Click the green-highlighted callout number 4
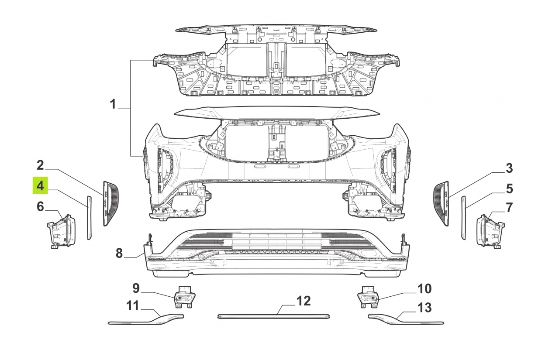pyautogui.click(x=40, y=185)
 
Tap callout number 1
pyautogui.click(x=113, y=104)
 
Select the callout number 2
pyautogui.click(x=40, y=165)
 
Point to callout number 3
pyautogui.click(x=509, y=168)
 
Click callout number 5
pyautogui.click(x=509, y=189)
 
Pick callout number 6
pyautogui.click(x=40, y=207)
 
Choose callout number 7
pyautogui.click(x=509, y=208)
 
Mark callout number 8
pyautogui.click(x=119, y=253)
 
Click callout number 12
pyautogui.click(x=304, y=301)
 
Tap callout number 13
pyautogui.click(x=424, y=308)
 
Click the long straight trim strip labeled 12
pyautogui.click(x=274, y=317)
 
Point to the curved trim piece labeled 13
pyautogui.click(x=406, y=319)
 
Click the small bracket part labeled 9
pyautogui.click(x=185, y=297)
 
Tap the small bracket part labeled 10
pyautogui.click(x=368, y=297)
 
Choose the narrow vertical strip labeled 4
pyautogui.click(x=89, y=218)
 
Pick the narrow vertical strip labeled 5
pyautogui.click(x=463, y=218)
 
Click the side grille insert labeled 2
pyautogui.click(x=111, y=203)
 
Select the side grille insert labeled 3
pyautogui.click(x=441, y=203)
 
